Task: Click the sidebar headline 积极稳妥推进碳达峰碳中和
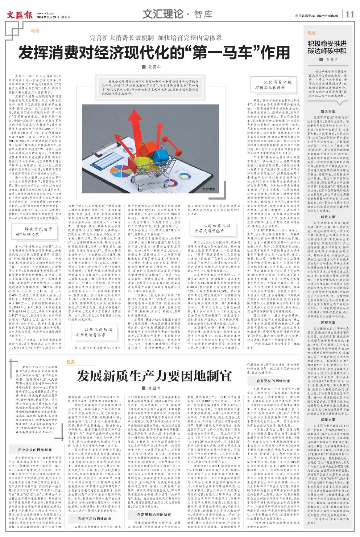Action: pos(327,47)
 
